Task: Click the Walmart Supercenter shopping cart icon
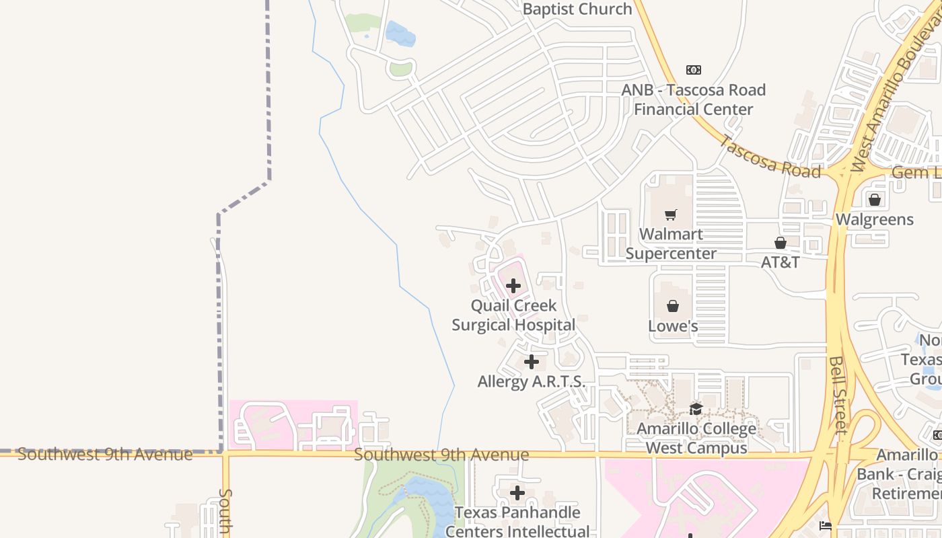(x=671, y=215)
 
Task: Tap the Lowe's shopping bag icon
(x=673, y=307)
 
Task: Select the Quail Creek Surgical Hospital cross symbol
(x=513, y=286)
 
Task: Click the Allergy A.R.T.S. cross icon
(x=532, y=362)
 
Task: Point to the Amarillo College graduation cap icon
(x=696, y=409)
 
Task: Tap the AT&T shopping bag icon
(x=781, y=243)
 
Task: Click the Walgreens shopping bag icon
(x=875, y=200)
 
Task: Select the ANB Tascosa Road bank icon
(x=694, y=70)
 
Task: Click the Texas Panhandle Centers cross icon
(x=517, y=494)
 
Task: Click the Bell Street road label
(x=838, y=395)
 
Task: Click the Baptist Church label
(x=577, y=9)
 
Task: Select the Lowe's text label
(x=673, y=326)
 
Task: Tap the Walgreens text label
(x=875, y=219)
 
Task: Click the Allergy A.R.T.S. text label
(x=532, y=381)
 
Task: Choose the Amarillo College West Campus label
(x=696, y=438)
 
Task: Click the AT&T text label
(x=781, y=262)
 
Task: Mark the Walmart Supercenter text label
(x=671, y=243)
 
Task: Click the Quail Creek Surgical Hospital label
(x=513, y=315)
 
